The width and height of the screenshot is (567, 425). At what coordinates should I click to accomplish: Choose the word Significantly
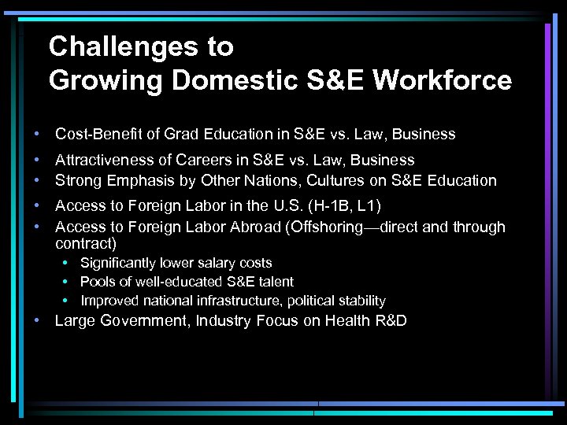point(119,263)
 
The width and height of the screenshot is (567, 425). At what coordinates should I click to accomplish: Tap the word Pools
point(96,282)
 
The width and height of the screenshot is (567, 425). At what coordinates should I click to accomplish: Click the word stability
point(361,301)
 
